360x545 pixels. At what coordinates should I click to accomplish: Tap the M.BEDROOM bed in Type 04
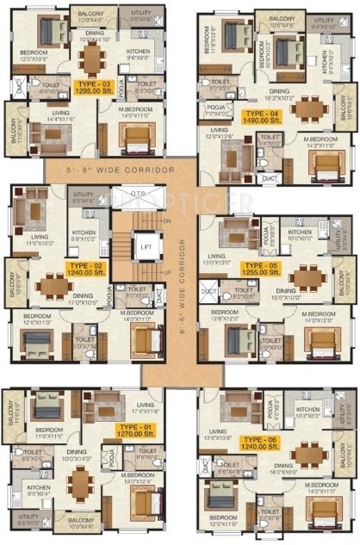[x=320, y=164]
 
